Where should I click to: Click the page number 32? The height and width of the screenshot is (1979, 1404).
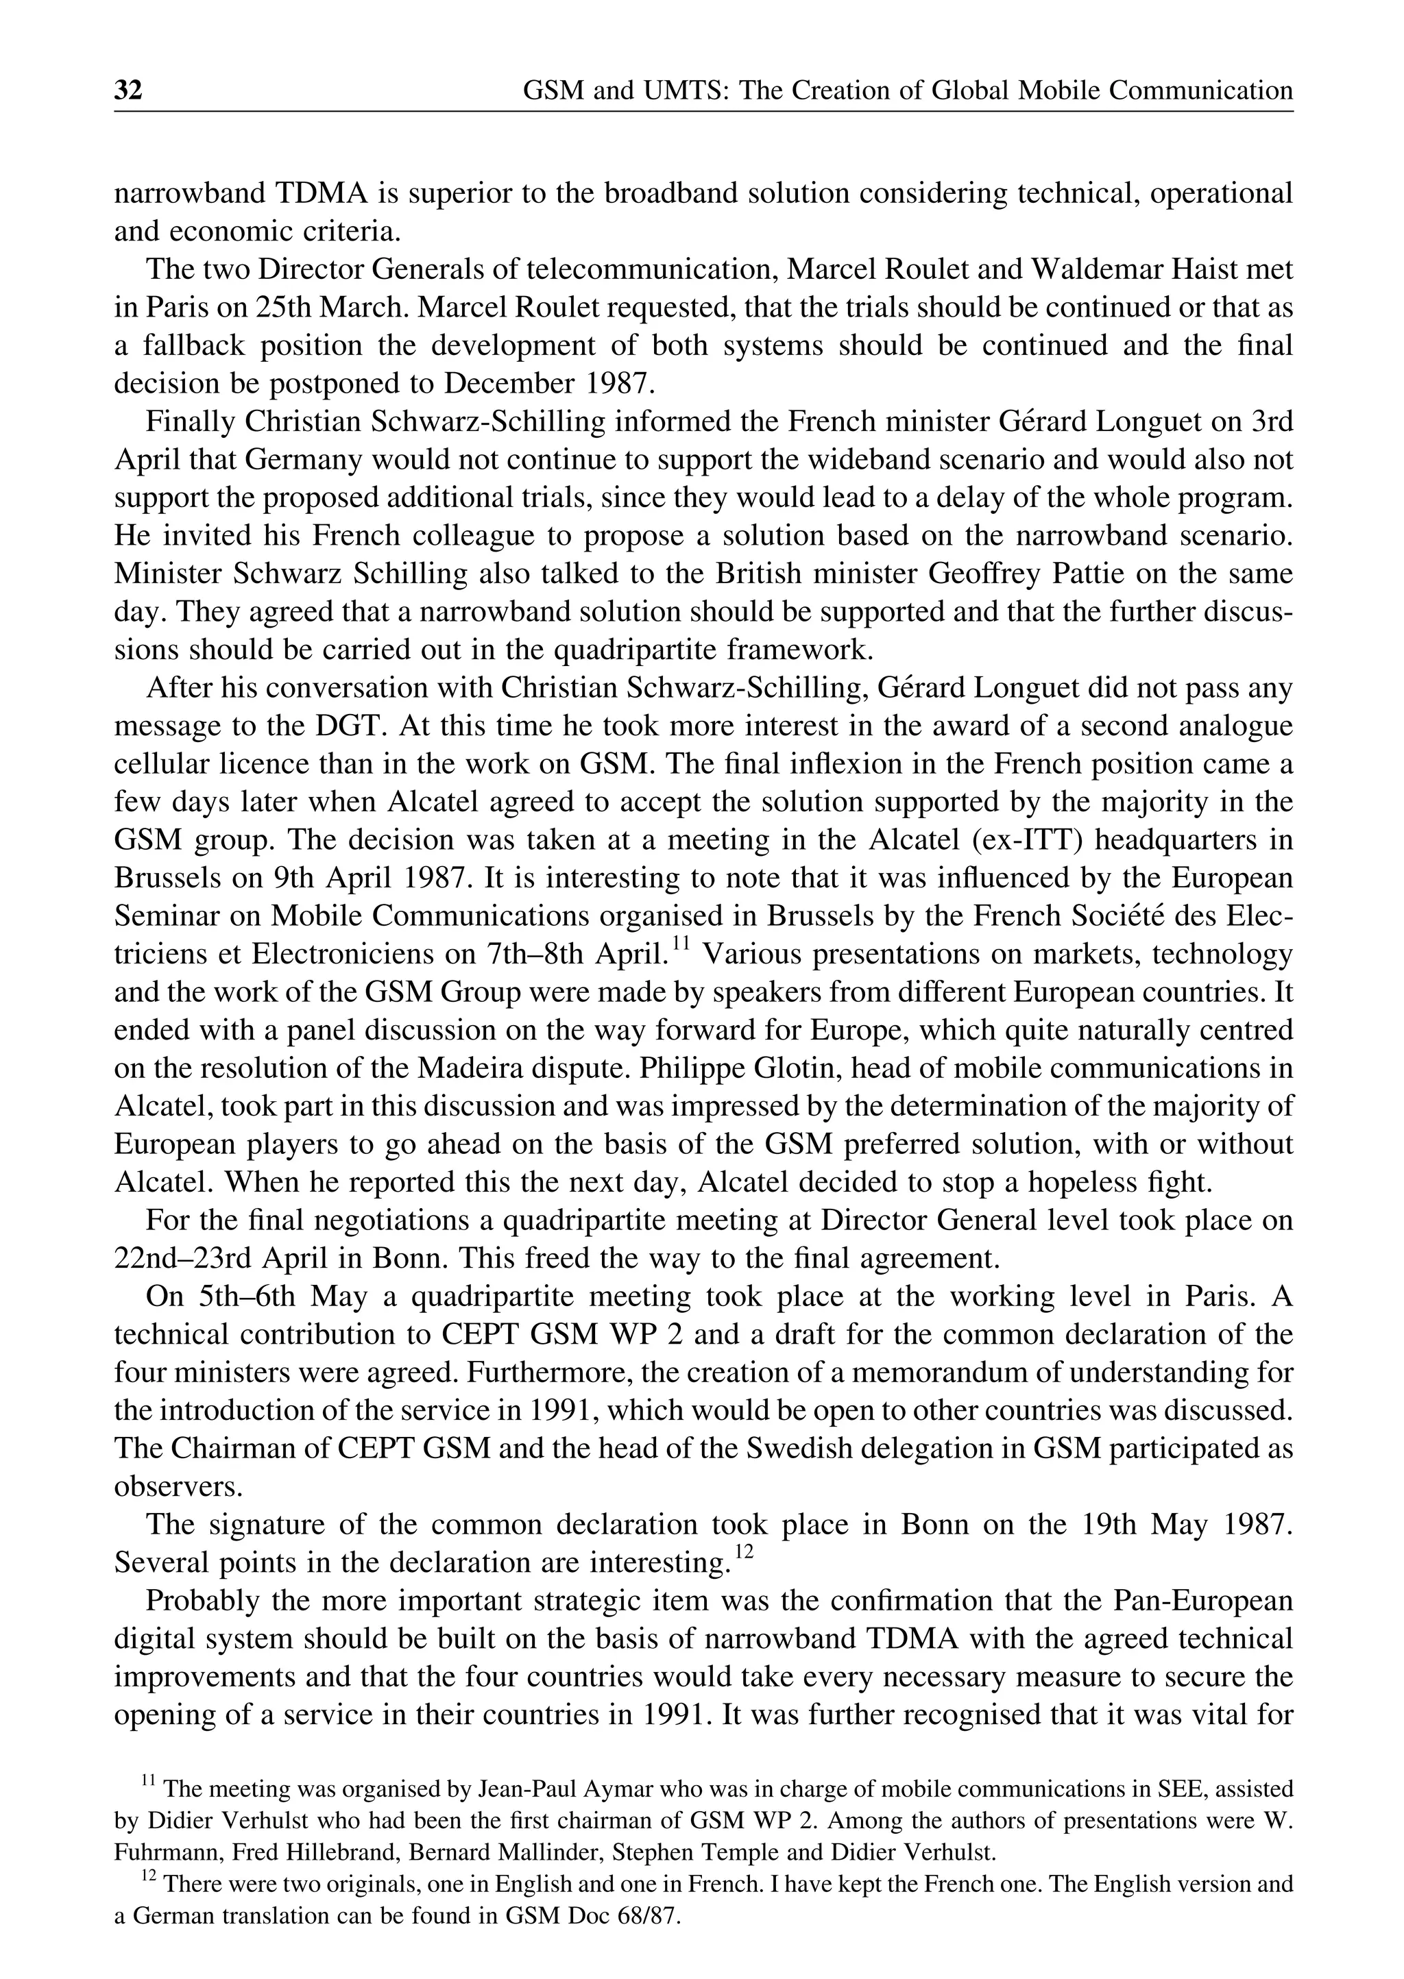128,90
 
